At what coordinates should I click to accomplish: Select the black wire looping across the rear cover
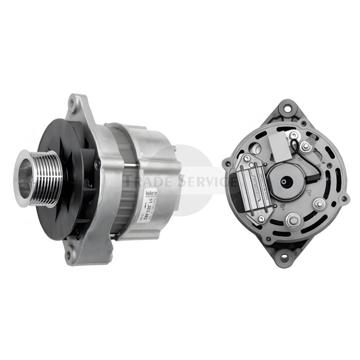click(x=315, y=166)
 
